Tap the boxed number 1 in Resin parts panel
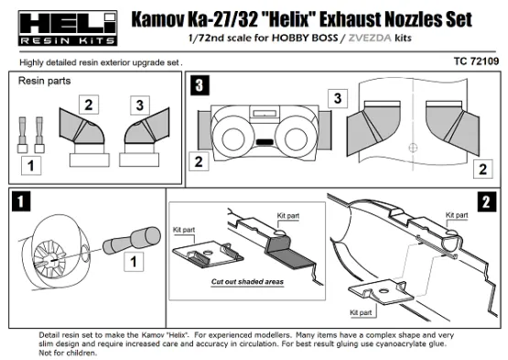coord(30,168)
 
